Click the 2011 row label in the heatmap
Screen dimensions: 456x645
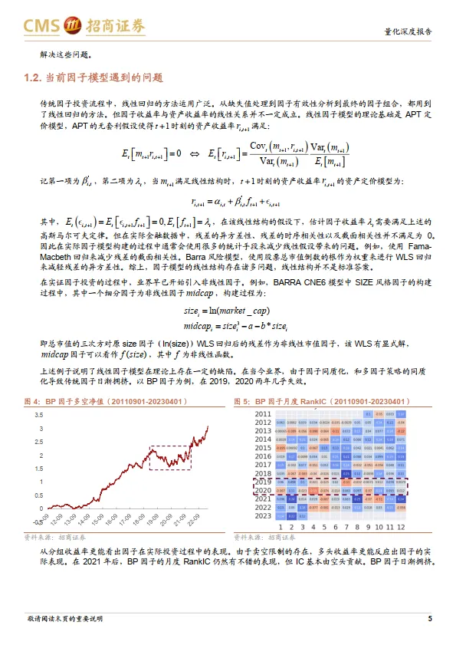pyautogui.click(x=263, y=414)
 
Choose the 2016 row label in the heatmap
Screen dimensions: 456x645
pyautogui.click(x=263, y=456)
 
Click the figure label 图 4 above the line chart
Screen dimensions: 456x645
pyautogui.click(x=32, y=401)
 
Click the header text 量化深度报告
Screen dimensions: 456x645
pyautogui.click(x=407, y=33)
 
